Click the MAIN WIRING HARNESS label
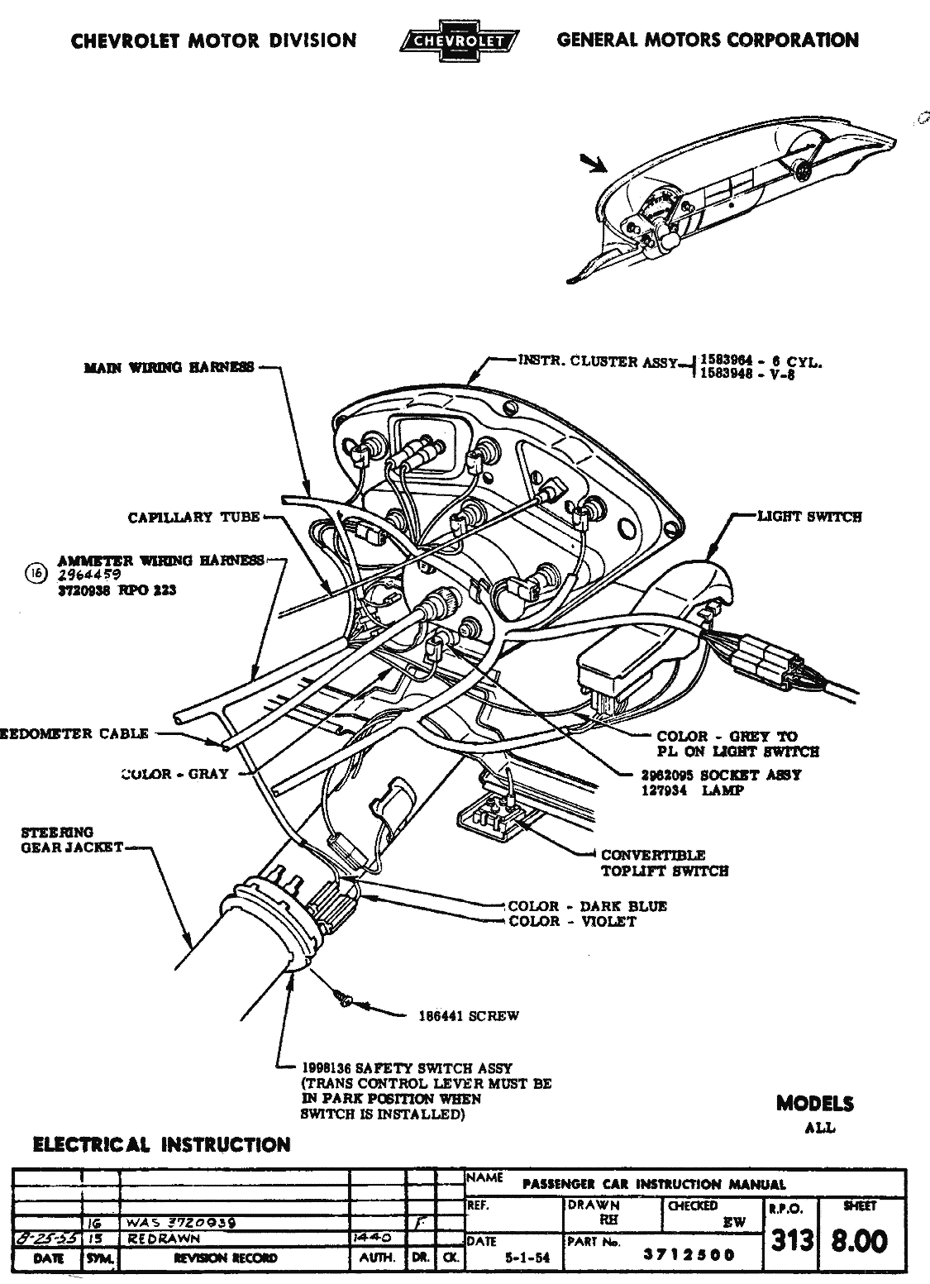(x=169, y=368)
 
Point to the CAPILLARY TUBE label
(x=194, y=518)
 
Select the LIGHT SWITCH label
(x=809, y=517)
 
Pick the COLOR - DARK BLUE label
(x=587, y=906)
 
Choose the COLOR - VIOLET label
(x=572, y=921)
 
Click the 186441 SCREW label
(x=469, y=1016)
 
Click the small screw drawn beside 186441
(x=343, y=1000)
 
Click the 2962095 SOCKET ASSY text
(x=721, y=776)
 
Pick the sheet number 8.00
(x=861, y=1240)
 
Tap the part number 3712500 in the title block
(x=689, y=1255)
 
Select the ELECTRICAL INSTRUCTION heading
(x=160, y=1145)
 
